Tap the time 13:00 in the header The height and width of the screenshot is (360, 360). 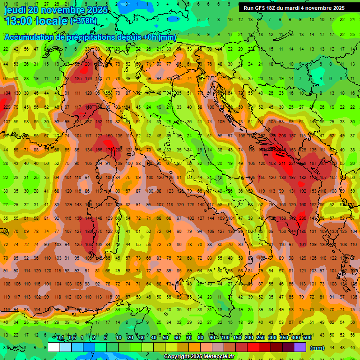19,21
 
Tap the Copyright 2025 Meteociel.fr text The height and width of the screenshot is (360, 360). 199,357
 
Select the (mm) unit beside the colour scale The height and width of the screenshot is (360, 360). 317,348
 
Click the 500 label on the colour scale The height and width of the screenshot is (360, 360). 307,338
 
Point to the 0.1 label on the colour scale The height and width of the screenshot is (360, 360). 60,338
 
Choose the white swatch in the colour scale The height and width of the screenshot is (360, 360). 53,347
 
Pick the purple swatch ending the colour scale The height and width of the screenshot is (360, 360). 300,347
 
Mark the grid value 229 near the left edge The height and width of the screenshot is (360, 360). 7,107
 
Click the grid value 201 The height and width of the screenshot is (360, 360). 88,64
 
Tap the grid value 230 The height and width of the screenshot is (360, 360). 303,218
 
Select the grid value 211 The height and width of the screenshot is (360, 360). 282,164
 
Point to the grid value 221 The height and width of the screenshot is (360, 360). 292,164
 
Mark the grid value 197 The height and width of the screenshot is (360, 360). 292,178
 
